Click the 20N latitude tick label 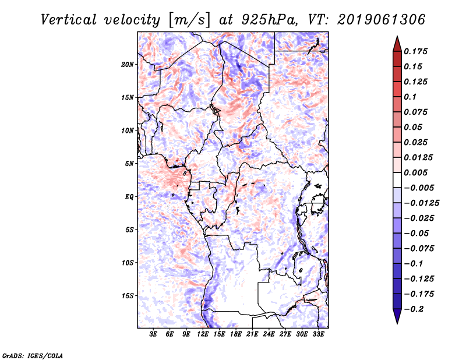pos(128,65)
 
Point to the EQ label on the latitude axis pos(129,197)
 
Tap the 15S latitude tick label pos(128,296)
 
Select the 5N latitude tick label pos(129,164)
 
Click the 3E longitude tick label pos(153,334)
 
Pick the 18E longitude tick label pos(236,334)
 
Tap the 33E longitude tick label pos(318,334)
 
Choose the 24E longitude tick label pos(269,334)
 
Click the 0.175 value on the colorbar pos(416,51)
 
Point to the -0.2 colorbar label pos(414,309)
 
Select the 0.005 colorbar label pos(416,172)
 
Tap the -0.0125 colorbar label pos(421,203)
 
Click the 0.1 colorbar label pos(410,97)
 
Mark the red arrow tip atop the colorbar pos(397,37)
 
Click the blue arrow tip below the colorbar pos(397,323)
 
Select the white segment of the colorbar pos(397,180)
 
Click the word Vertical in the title pos(69,20)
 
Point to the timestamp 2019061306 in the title pos(381,20)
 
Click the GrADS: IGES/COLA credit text pos(33,355)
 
